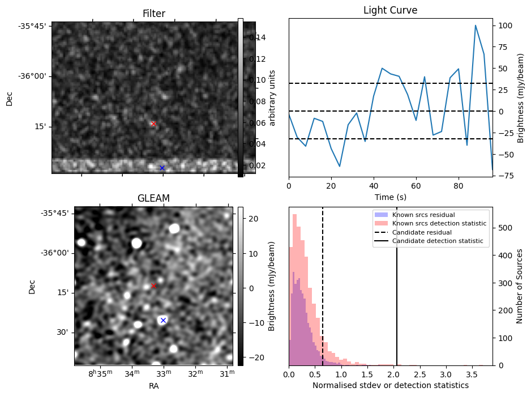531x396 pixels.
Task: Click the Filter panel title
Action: pos(153,13)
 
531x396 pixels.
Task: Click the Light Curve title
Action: pos(390,10)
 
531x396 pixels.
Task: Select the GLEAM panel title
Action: pos(153,198)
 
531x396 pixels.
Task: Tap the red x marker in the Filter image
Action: pos(153,124)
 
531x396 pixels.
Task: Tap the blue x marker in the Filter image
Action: pos(162,168)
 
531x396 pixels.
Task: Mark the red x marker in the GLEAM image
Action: pos(153,286)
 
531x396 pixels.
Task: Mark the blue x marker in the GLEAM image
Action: pos(163,320)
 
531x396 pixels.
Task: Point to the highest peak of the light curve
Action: pos(476,25)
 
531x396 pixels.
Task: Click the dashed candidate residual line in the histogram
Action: pos(323,283)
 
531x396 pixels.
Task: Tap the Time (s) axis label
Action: pos(390,197)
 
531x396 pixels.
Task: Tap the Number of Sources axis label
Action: pos(520,286)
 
